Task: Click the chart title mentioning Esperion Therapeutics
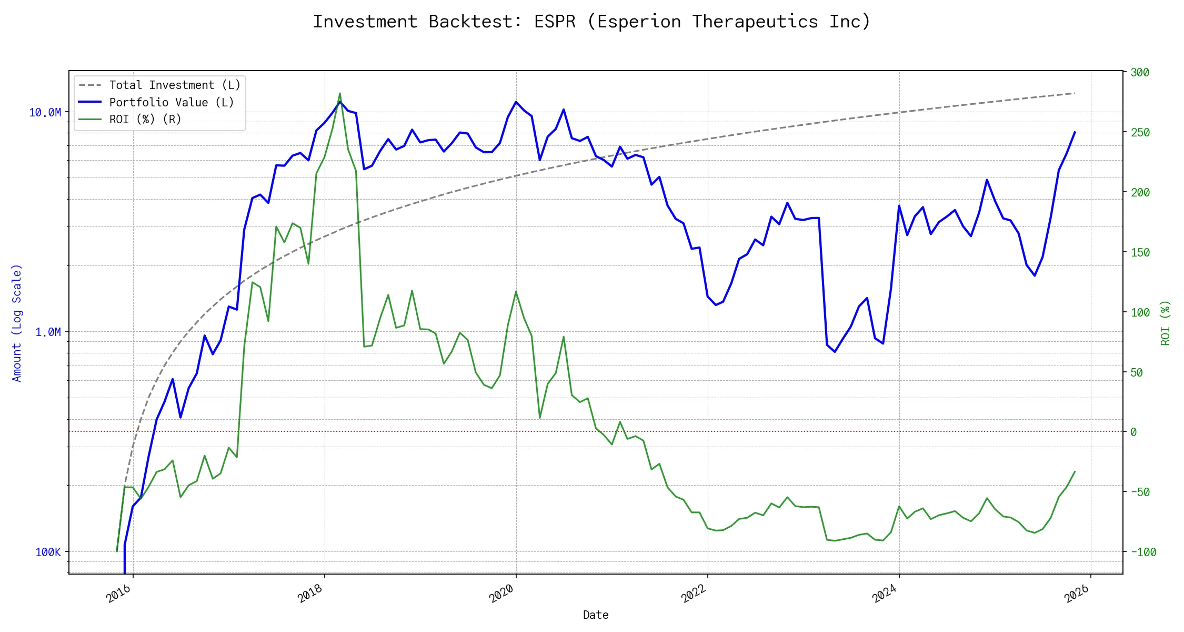(x=591, y=22)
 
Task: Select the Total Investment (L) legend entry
(x=174, y=85)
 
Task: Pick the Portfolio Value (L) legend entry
(x=171, y=102)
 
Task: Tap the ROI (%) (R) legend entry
(x=145, y=120)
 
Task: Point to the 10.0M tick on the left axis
(x=45, y=112)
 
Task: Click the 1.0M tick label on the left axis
(x=48, y=332)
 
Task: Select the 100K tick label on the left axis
(x=48, y=552)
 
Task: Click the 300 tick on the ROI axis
(x=1140, y=73)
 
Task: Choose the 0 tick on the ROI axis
(x=1133, y=432)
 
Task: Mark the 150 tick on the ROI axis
(x=1140, y=252)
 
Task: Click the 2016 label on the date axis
(x=119, y=594)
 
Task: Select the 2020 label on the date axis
(x=502, y=594)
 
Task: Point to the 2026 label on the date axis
(x=1077, y=594)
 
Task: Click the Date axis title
(x=596, y=615)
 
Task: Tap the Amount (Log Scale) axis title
(x=17, y=323)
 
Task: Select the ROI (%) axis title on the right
(x=1166, y=323)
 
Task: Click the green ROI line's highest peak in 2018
(x=340, y=93)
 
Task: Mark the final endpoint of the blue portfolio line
(x=1075, y=132)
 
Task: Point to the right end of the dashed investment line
(x=1075, y=93)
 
